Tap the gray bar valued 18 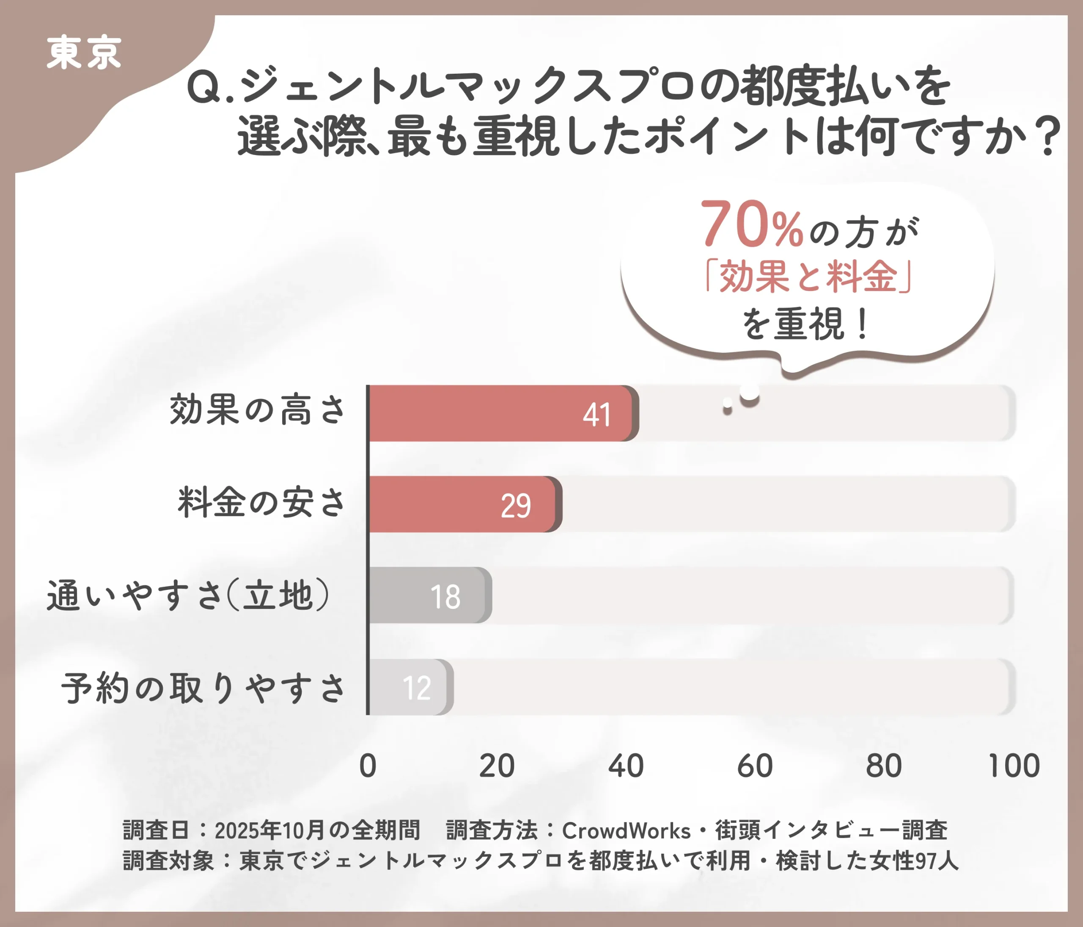click(429, 595)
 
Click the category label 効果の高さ click(257, 410)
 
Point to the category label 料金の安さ click(261, 502)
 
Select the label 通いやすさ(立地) click(188, 595)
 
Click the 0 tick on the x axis click(368, 766)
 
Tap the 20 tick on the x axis click(497, 766)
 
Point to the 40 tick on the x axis click(626, 766)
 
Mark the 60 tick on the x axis click(755, 766)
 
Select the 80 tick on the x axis click(884, 766)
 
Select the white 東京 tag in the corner click(84, 53)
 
